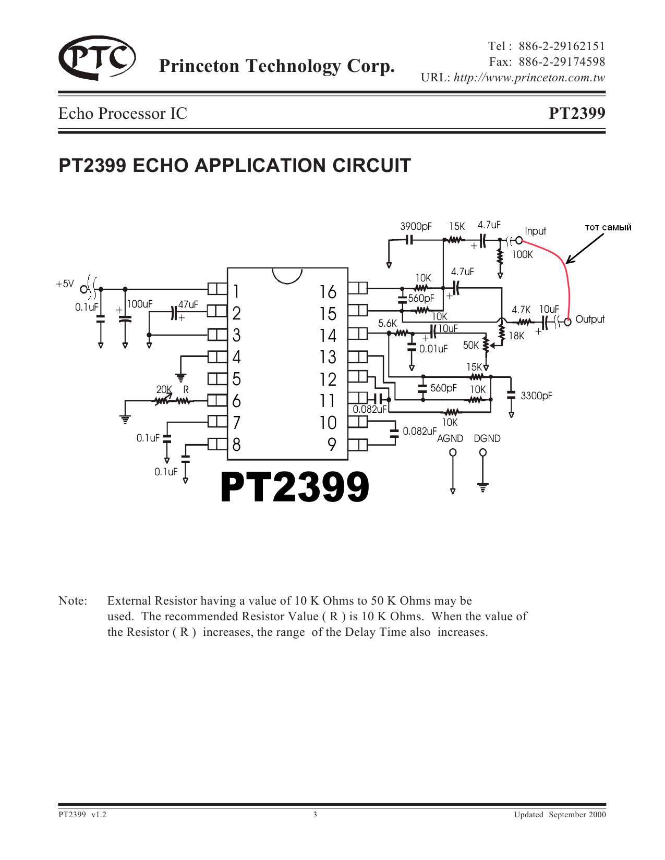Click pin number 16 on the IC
tap(328, 291)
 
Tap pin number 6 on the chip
tap(236, 401)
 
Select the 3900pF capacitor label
tap(416, 226)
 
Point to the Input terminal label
tap(535, 231)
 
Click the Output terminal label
tap(590, 319)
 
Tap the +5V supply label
tap(65, 284)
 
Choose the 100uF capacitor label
tap(140, 304)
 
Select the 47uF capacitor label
tap(188, 304)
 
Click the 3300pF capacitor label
tap(536, 396)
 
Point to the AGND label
tap(450, 438)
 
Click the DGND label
tap(487, 438)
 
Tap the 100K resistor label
tap(522, 255)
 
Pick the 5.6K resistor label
tap(387, 324)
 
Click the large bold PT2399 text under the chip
tap(295, 488)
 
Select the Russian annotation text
tap(608, 227)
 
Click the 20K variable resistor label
tap(164, 389)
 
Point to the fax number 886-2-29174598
tap(562, 62)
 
